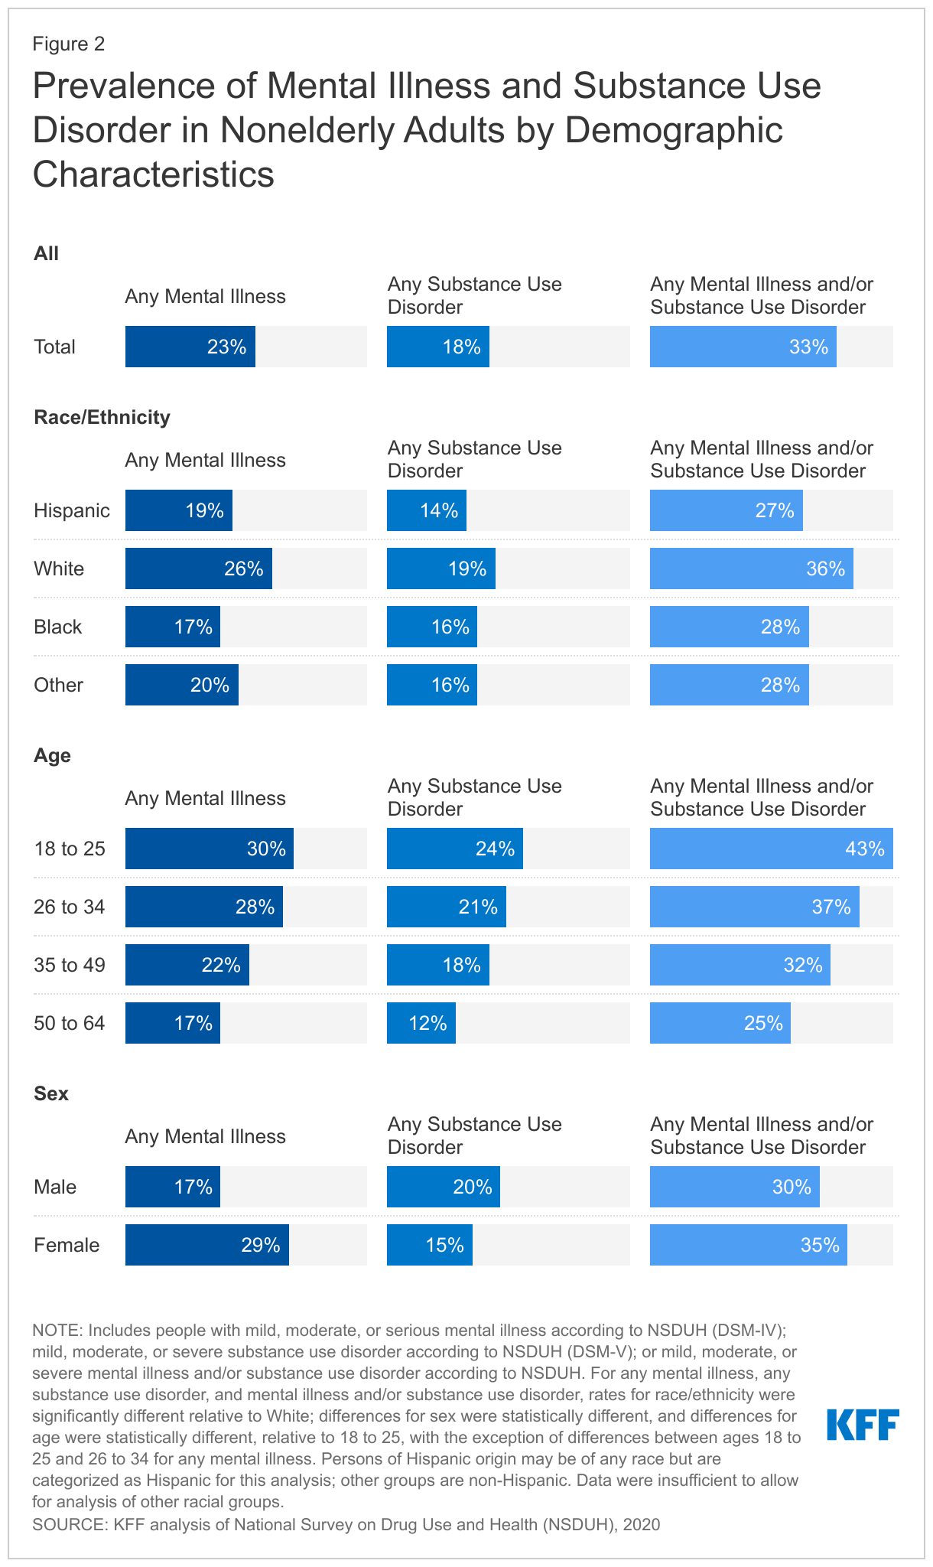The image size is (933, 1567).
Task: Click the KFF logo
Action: pos(863,1425)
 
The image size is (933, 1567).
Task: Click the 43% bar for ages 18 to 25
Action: pos(771,849)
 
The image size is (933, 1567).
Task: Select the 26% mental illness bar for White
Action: pos(199,568)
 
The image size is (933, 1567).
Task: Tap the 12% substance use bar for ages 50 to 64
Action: pos(421,1023)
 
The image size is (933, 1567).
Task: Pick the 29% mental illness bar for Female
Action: pos(207,1245)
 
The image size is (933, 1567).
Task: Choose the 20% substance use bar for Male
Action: pos(444,1187)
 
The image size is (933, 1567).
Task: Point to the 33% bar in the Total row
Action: pos(743,347)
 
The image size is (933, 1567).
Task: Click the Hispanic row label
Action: pos(72,510)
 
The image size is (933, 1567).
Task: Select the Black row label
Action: pos(57,627)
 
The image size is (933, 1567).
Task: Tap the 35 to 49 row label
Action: pos(70,965)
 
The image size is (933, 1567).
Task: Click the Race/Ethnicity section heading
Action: pos(102,417)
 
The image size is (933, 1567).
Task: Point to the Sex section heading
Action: pos(51,1093)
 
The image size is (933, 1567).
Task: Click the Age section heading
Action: pos(52,755)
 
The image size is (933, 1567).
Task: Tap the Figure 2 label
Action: pos(68,44)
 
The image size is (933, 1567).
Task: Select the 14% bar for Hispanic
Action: pos(427,510)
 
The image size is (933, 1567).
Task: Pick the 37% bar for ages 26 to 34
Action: pos(754,907)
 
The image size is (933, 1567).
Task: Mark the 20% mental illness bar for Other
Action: pos(182,685)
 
